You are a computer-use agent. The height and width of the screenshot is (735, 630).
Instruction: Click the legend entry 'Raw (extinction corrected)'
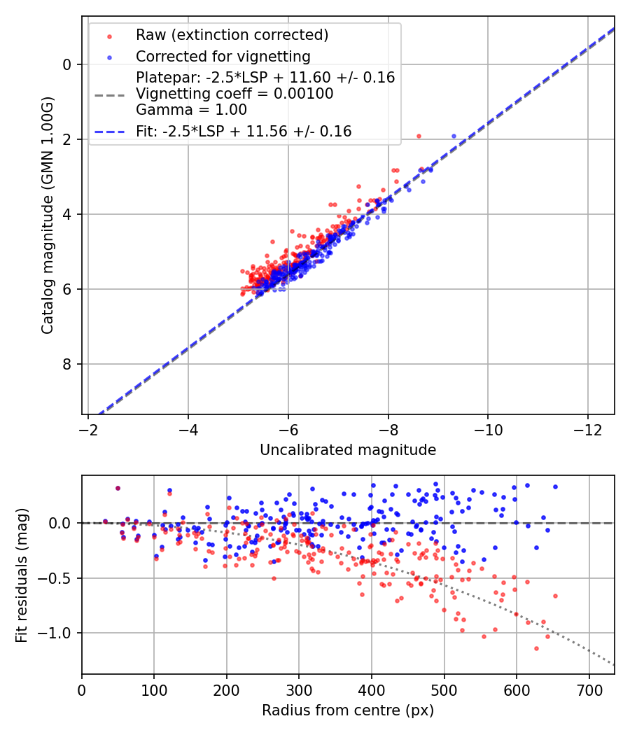coord(232,35)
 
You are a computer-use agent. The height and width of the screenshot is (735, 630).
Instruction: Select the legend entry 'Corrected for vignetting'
coord(223,56)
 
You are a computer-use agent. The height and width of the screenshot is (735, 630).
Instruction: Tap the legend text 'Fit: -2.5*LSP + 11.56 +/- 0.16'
coord(244,131)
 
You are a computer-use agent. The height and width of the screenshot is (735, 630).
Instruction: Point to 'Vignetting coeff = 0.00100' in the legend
coord(234,94)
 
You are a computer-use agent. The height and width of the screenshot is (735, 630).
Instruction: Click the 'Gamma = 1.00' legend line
coord(191,109)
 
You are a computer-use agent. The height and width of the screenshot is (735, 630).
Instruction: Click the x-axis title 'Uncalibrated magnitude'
coord(348,450)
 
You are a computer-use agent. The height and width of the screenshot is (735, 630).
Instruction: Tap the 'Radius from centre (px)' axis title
coord(348,710)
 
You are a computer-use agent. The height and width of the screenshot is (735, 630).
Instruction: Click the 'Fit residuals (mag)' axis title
coord(22,575)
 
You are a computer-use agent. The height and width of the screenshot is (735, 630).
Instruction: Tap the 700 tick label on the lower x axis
coord(589,690)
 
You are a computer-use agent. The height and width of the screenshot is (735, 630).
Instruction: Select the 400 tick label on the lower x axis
coord(372,690)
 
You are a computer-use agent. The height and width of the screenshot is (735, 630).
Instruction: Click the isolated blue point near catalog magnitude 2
coord(454,136)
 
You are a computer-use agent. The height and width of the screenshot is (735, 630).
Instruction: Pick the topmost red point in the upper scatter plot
coord(419,136)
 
